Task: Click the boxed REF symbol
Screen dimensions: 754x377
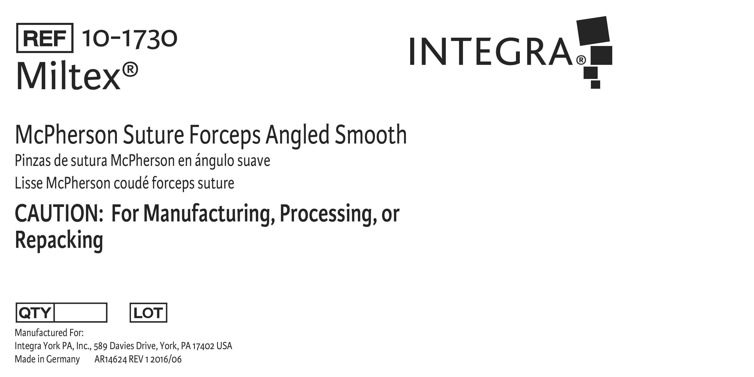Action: pyautogui.click(x=44, y=38)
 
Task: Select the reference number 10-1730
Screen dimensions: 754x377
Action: pyautogui.click(x=130, y=39)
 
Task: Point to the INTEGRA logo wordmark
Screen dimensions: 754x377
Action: pyautogui.click(x=491, y=52)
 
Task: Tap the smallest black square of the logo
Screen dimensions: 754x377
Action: pyautogui.click(x=595, y=84)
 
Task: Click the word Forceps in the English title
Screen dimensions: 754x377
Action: pyautogui.click(x=225, y=135)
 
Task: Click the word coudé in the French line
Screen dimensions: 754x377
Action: pyautogui.click(x=131, y=183)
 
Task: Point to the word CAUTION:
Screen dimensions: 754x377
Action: pyautogui.click(x=59, y=213)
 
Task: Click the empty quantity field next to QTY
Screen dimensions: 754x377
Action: pyautogui.click(x=80, y=313)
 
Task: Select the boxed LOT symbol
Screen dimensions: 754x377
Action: pyautogui.click(x=148, y=313)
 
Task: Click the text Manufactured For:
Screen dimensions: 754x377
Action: pyautogui.click(x=49, y=333)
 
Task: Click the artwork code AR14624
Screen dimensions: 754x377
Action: pyautogui.click(x=111, y=359)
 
